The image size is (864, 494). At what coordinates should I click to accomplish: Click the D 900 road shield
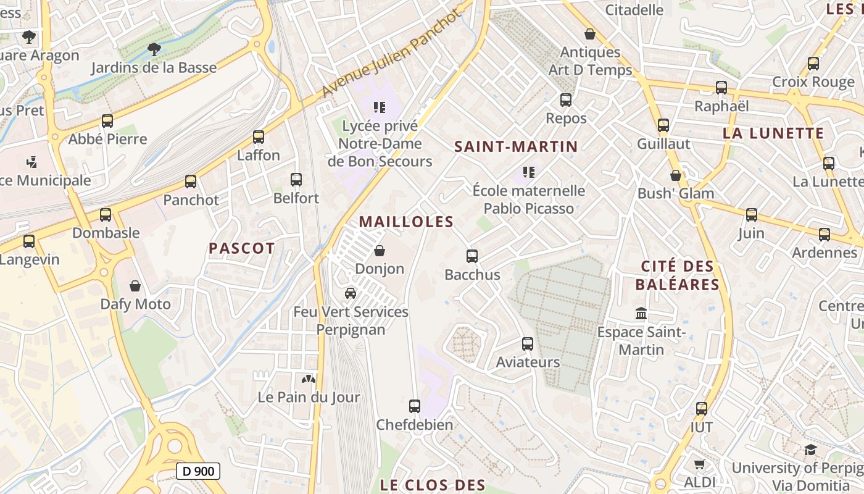coord(198,472)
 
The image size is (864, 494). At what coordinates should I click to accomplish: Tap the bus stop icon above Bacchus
coord(472,256)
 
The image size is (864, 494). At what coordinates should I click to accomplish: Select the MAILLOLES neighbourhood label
coord(406,222)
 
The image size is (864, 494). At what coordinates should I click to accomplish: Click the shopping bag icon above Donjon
coord(380,251)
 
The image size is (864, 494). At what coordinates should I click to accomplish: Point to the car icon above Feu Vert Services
coord(351,293)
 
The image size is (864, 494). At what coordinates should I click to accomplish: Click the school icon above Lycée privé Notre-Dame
coord(380,107)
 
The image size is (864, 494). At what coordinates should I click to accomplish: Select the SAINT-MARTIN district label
coord(516,147)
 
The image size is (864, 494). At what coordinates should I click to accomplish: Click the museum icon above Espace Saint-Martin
coord(641,314)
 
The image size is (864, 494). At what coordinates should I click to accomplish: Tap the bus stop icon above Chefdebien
coord(415,406)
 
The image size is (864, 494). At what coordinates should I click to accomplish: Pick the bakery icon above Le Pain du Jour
coord(309,379)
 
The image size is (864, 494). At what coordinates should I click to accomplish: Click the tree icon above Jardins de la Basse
coord(154,49)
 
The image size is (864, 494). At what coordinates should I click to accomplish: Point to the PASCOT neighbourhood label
coord(241,248)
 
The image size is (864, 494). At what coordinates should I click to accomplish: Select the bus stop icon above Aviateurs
coord(528,344)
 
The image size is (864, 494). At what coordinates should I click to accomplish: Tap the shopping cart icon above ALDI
coord(699,464)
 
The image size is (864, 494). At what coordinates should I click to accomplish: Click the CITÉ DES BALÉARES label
coord(678,275)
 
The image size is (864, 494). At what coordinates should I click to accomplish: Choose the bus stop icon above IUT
coord(702,409)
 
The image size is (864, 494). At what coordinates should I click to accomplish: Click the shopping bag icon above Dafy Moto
coord(135,286)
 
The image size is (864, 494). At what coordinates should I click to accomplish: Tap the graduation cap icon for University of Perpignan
coord(810,450)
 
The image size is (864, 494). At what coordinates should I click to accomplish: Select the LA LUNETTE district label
coord(773,133)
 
